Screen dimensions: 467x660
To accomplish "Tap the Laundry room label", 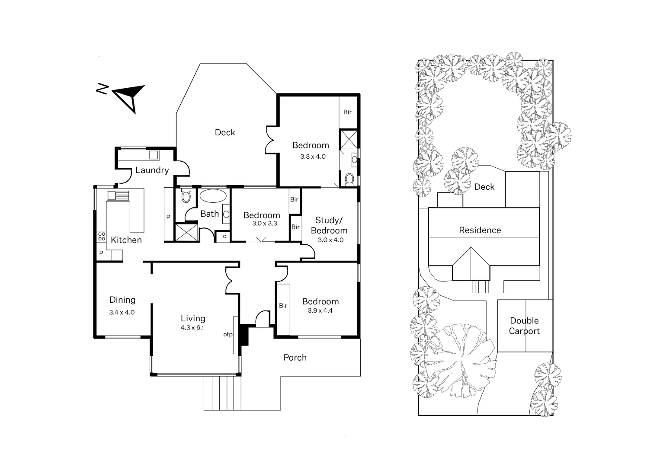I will tap(152, 170).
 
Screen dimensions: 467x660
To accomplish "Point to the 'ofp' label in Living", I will tap(228, 334).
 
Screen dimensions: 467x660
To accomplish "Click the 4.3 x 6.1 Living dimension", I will tap(192, 328).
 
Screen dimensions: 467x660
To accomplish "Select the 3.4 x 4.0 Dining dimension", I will tap(122, 312).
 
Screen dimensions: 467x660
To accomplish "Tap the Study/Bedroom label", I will tap(329, 225).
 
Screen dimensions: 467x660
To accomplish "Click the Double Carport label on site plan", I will tap(524, 326).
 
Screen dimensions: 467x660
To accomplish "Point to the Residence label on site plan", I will tap(480, 230).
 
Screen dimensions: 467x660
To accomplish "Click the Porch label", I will tap(295, 357).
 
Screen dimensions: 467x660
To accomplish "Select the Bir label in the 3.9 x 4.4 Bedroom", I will tap(283, 306).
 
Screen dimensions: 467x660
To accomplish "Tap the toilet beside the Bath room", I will tap(186, 197).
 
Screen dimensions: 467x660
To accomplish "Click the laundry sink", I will tap(154, 155).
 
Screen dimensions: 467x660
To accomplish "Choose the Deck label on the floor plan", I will tap(225, 132).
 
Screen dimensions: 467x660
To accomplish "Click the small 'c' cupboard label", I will tap(224, 236).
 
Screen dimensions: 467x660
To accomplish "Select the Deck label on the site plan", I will tap(484, 187).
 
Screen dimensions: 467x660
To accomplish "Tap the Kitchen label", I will tap(126, 240).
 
